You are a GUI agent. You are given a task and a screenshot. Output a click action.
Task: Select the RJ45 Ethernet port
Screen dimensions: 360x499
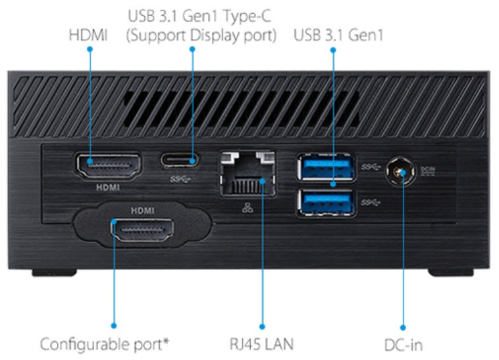tap(246, 172)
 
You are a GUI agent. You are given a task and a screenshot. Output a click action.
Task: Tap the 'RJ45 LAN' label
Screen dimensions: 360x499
tap(261, 344)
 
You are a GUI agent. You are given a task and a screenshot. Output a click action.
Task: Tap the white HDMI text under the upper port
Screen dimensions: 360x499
tap(108, 186)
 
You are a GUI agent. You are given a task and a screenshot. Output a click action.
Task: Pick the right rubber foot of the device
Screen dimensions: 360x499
tap(450, 272)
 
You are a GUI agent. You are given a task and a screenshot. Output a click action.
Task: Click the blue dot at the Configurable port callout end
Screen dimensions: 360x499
tap(113, 325)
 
